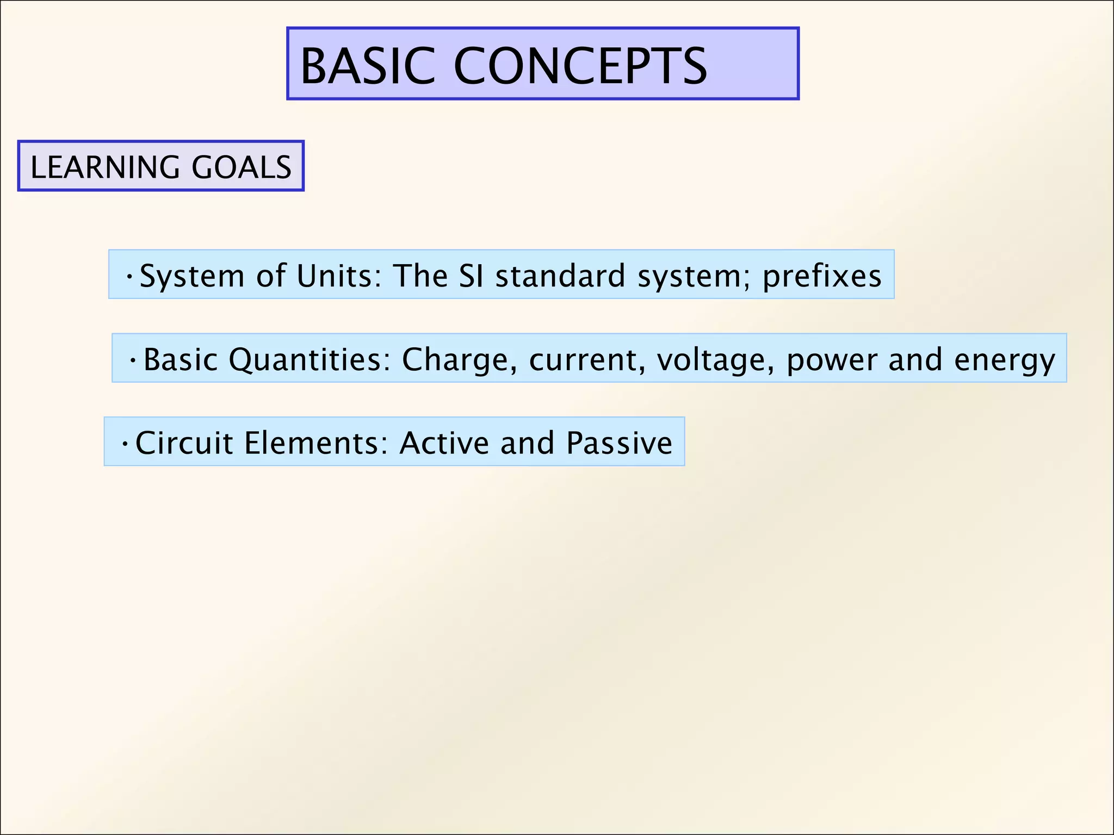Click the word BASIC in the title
368,66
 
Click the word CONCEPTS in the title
580,66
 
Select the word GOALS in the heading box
242,167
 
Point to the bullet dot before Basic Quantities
133,360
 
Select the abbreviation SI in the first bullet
471,276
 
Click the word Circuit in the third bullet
184,443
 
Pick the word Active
444,443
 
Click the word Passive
619,443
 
